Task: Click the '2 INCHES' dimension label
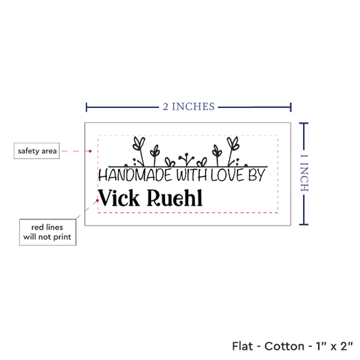[x=189, y=107]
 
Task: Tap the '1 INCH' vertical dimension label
[x=304, y=173]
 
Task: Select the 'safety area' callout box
[x=37, y=151]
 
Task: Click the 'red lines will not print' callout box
[x=48, y=232]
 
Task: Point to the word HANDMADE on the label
[x=135, y=175]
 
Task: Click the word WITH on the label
[x=192, y=175]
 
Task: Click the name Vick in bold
[x=118, y=198]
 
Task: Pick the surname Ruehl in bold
[x=175, y=198]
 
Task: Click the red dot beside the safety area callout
[x=90, y=151]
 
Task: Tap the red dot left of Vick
[x=98, y=200]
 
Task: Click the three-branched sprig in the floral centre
[x=187, y=159]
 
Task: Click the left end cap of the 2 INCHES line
[x=86, y=107]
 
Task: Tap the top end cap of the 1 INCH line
[x=304, y=124]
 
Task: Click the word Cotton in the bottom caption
[x=284, y=346]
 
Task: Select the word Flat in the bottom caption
[x=242, y=346]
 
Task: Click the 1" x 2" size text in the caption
[x=334, y=346]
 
